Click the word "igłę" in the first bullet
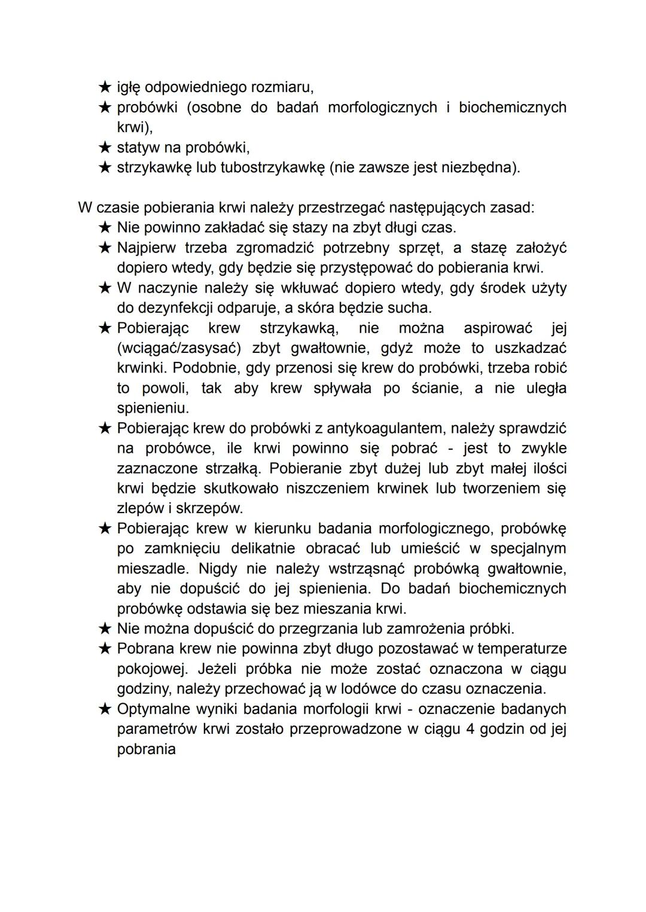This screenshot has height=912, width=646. (x=129, y=87)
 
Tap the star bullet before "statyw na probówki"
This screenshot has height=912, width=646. (x=105, y=147)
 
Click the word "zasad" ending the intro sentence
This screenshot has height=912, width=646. (x=511, y=208)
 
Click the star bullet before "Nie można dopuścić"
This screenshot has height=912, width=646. (x=105, y=629)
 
